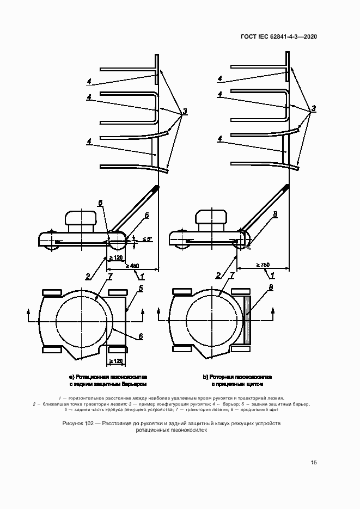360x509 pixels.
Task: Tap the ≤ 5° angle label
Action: (147, 239)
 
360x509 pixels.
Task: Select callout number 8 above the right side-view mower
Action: (276, 214)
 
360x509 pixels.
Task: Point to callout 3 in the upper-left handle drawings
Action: (185, 112)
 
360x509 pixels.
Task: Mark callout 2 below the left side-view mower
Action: (87, 276)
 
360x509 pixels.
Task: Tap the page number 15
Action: (314, 463)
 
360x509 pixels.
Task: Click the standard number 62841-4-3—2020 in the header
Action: (291, 36)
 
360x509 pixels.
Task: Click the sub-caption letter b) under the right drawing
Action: (205, 377)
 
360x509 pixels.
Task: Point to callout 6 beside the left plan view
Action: (140, 336)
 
